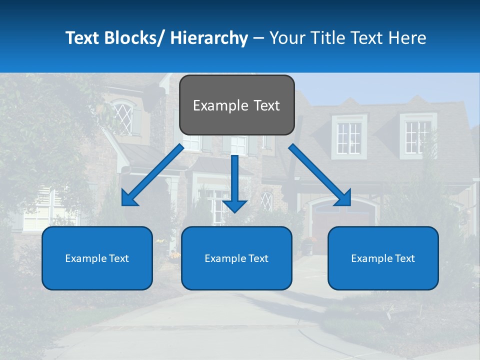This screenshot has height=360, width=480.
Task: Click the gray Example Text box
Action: (x=236, y=105)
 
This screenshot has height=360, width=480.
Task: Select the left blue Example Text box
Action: (x=97, y=258)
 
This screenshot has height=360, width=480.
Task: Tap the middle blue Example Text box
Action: (x=236, y=258)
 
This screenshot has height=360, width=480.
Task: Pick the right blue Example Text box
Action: (x=383, y=258)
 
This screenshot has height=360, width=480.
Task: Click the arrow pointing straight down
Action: (x=235, y=182)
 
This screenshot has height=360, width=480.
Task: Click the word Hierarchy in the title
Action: (x=209, y=38)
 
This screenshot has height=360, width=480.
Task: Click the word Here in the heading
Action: (x=407, y=38)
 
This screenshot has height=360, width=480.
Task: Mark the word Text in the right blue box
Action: (x=404, y=258)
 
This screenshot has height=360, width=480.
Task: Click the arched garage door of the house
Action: (x=340, y=222)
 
